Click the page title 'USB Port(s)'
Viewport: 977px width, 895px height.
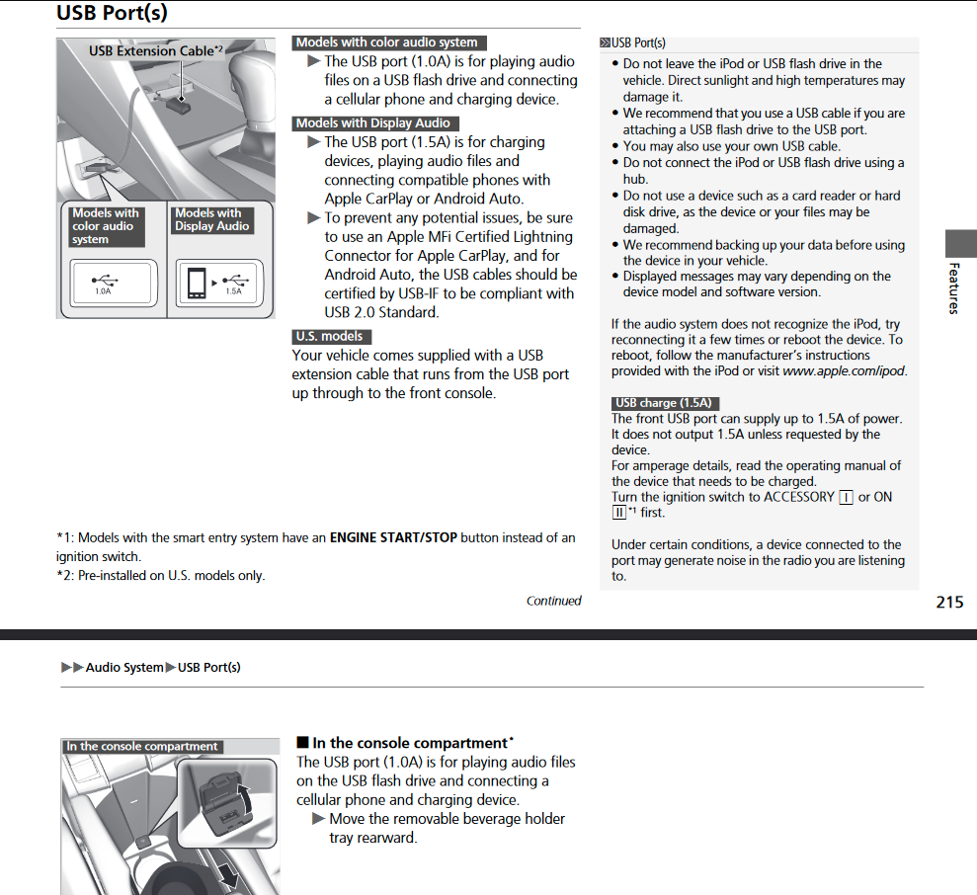(x=112, y=13)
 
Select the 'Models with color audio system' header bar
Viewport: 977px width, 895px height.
(x=388, y=42)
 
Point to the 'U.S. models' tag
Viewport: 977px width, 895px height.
(x=330, y=337)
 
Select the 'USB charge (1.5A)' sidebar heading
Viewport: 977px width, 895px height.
(x=662, y=403)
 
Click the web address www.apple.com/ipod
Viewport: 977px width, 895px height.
(x=844, y=371)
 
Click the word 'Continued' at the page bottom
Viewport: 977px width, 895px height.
(x=553, y=601)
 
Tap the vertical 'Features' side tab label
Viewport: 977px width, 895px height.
(x=953, y=287)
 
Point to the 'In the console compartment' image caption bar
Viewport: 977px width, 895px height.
(x=142, y=747)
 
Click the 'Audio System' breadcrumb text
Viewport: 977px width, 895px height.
(x=124, y=668)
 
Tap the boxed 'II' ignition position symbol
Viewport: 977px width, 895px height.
(x=619, y=512)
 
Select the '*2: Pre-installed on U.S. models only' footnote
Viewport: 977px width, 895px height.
(x=161, y=576)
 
